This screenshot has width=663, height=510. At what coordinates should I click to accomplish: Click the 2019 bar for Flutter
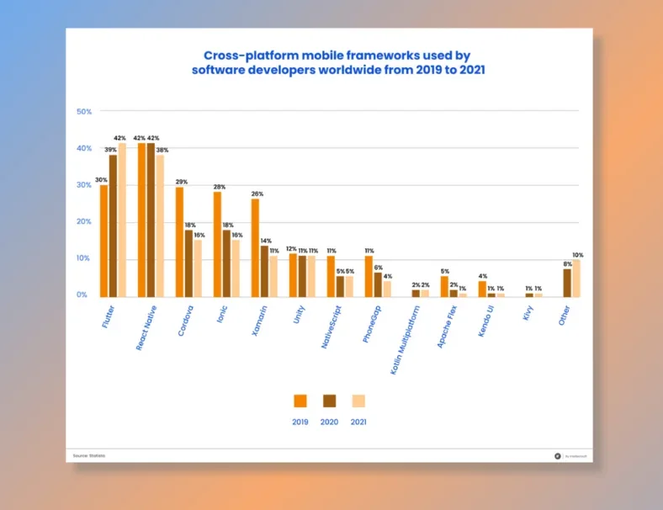coord(104,241)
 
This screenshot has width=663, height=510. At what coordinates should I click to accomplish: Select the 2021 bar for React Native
coord(160,226)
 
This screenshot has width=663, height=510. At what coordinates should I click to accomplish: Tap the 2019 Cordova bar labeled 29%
coord(179,242)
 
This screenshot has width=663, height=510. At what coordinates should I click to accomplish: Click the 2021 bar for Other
coord(576,278)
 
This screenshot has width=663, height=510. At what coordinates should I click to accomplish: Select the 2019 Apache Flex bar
coord(444,286)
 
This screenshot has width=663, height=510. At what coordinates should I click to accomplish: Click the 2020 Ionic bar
coord(226,263)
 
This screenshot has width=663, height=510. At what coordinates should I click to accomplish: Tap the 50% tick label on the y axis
coord(83,111)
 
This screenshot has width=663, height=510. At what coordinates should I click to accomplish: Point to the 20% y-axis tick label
coord(83,221)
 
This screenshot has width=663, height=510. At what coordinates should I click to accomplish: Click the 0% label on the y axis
coord(82,295)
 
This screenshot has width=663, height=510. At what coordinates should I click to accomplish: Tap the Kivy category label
coord(528,312)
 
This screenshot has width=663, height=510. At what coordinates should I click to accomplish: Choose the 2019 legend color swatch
coord(300,401)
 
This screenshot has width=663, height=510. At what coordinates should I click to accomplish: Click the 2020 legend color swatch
coord(329,401)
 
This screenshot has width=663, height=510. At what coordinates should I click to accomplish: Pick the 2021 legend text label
coord(358,422)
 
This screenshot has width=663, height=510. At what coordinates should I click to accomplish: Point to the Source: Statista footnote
coord(89,455)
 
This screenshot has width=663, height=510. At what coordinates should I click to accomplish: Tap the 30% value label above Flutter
coord(101,179)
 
